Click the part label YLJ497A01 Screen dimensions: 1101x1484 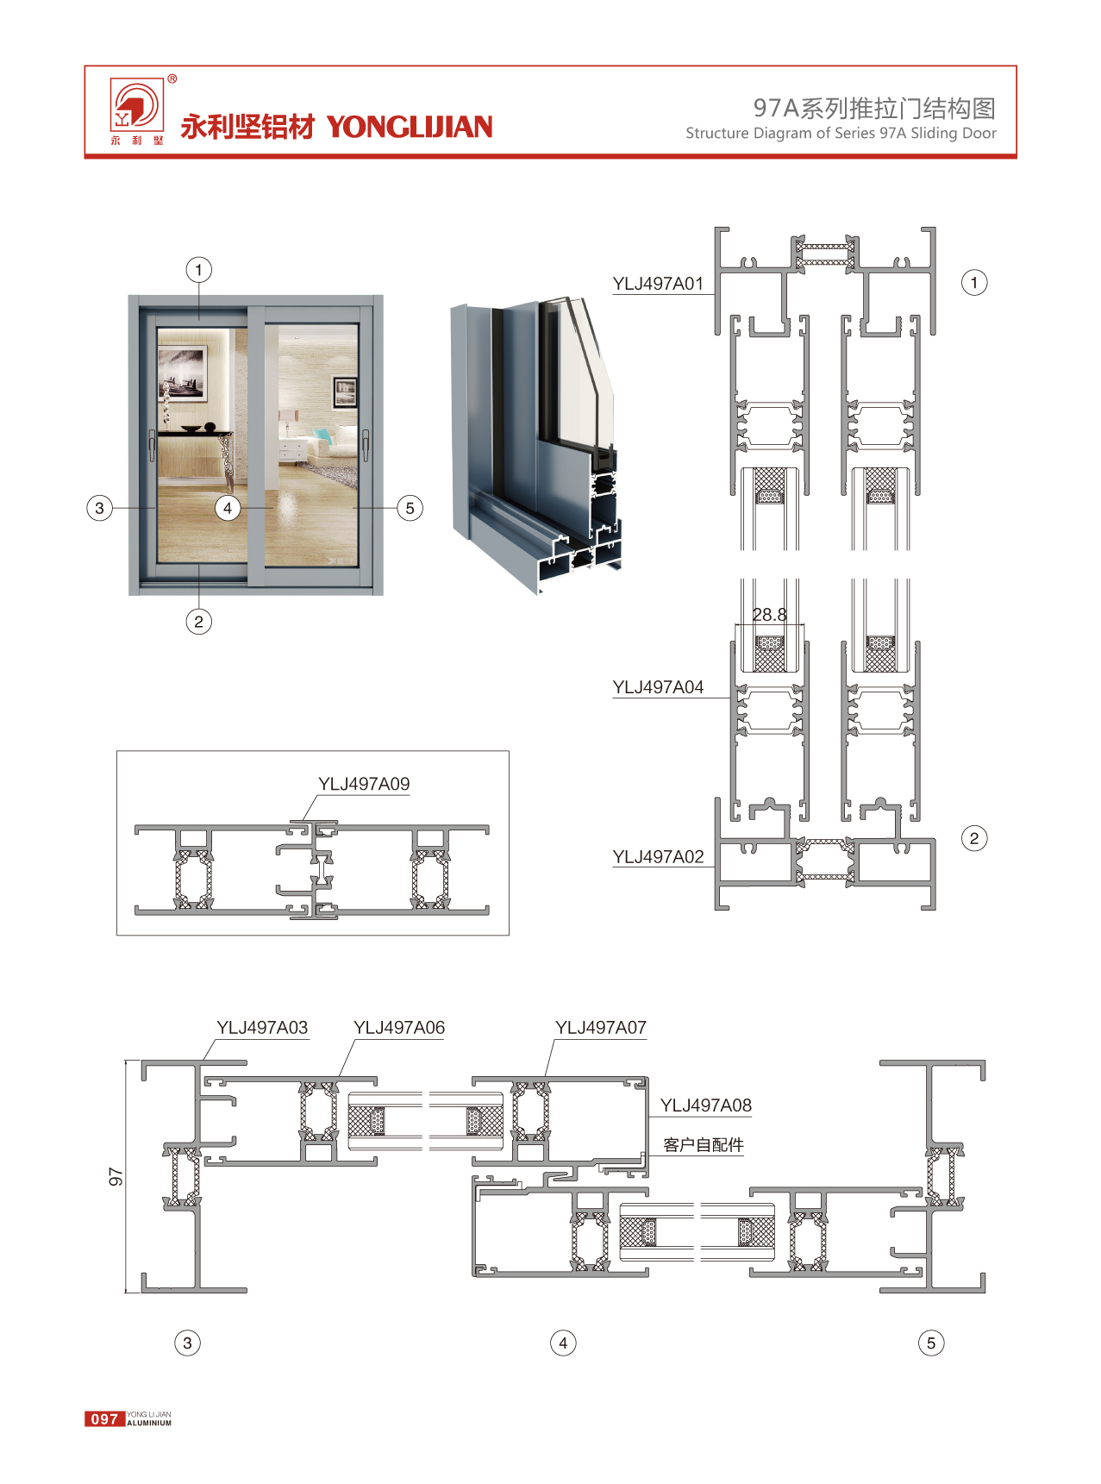658,284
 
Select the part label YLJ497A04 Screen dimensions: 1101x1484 658,687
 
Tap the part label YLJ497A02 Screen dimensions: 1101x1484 658,857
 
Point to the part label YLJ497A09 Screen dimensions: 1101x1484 364,784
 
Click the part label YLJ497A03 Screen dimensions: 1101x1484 262,1028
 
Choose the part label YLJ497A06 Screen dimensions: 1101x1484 399,1028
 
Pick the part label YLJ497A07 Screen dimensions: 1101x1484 601,1028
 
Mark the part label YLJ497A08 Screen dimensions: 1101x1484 706,1105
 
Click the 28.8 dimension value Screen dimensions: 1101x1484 769,615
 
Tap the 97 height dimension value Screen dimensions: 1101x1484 116,1177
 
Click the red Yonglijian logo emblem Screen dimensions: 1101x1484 136,106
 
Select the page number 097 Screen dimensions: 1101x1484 104,1418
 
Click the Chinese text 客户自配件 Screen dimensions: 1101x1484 704,1145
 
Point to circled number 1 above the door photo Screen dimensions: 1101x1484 199,270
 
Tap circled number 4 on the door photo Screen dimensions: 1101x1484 228,508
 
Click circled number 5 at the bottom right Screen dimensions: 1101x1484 931,1343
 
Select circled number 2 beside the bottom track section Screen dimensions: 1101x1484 974,838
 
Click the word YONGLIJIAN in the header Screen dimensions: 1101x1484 410,127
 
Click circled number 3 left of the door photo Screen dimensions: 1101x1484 100,508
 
